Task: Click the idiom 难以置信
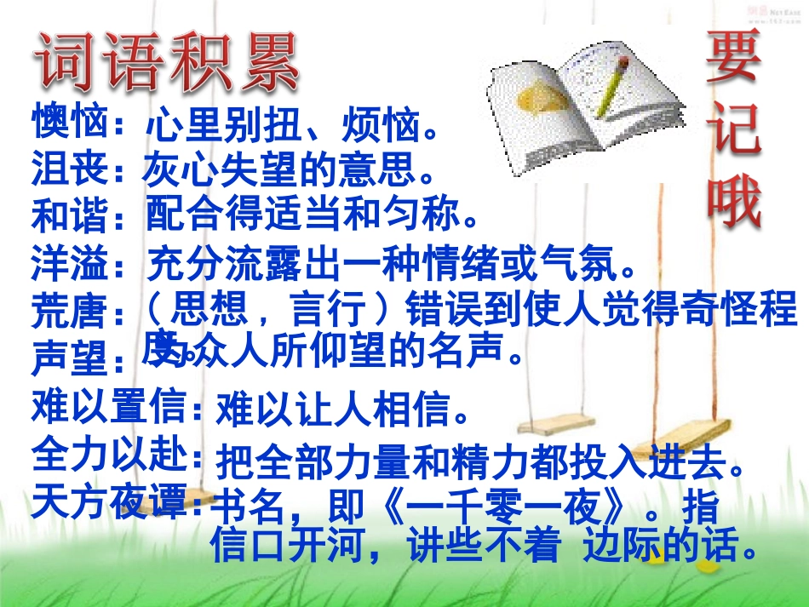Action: click(x=109, y=407)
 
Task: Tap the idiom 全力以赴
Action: click(x=109, y=455)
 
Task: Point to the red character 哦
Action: click(x=734, y=202)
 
